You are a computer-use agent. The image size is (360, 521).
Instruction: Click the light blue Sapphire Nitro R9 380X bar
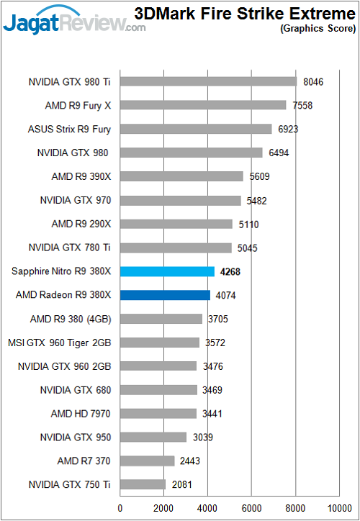[167, 271]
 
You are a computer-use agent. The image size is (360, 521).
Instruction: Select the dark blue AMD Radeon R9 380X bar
[165, 295]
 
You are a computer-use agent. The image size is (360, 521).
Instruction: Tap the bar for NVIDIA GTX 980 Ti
[208, 81]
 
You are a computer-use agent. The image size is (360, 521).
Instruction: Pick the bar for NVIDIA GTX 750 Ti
[143, 484]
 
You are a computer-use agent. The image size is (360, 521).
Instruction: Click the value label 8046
[312, 82]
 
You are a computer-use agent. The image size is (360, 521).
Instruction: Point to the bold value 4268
[231, 271]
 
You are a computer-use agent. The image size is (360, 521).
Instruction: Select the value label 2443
[191, 461]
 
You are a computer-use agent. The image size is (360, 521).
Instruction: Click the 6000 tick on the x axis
[251, 507]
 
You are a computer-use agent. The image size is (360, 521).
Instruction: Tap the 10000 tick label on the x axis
[338, 507]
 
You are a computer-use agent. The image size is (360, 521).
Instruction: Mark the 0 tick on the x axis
[120, 507]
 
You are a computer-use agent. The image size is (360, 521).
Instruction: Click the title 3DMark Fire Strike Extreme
[244, 13]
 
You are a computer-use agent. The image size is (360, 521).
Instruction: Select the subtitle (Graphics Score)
[319, 30]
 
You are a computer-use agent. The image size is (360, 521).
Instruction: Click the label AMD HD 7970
[81, 414]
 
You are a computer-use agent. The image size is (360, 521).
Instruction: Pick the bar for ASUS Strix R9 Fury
[196, 129]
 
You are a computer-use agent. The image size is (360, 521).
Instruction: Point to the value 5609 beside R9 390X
[260, 176]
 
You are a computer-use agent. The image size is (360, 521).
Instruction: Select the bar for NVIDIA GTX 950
[153, 437]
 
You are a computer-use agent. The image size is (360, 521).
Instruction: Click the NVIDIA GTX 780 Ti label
[70, 248]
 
